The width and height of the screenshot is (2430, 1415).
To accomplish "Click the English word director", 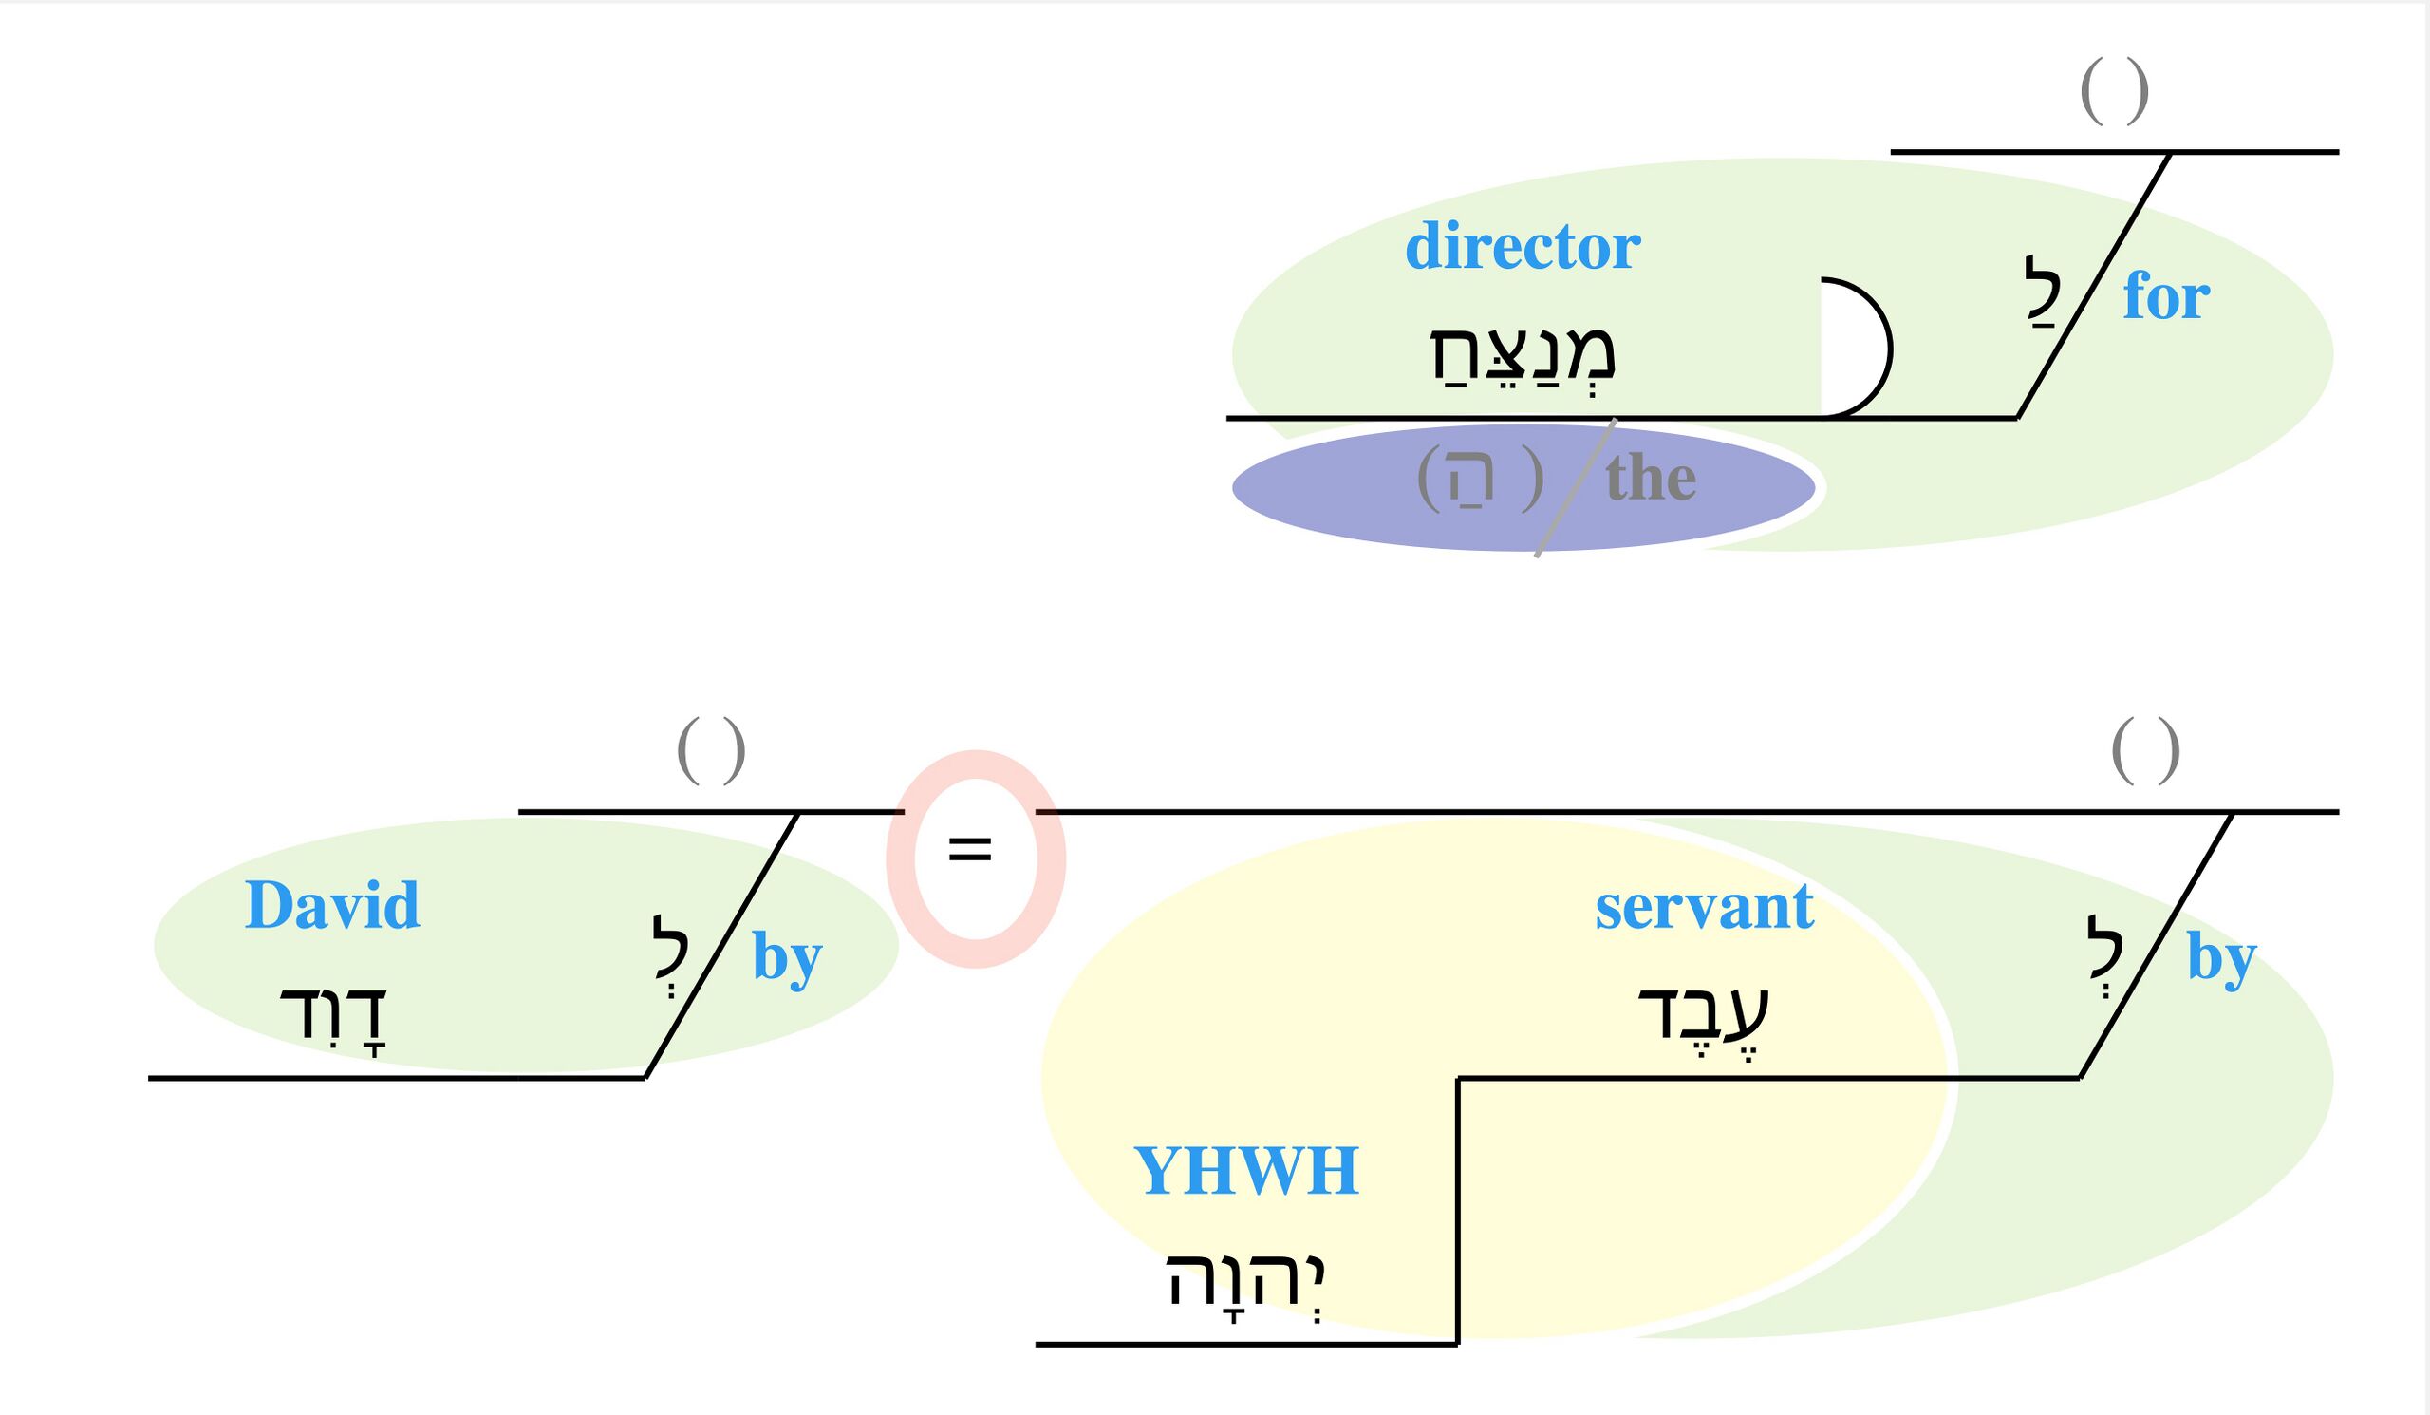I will pos(1523,247).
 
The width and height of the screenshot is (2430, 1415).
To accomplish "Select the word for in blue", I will pos(2166,296).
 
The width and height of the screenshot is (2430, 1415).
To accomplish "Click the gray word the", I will pos(1651,478).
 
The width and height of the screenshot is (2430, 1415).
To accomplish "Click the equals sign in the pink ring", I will pos(970,850).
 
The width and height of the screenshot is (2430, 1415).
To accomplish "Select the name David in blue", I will pos(331,906).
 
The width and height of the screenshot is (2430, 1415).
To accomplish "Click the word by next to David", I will pos(787,958).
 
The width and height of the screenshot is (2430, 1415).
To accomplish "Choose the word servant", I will pos(1704,907).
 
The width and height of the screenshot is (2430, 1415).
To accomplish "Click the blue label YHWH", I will pos(1246,1171).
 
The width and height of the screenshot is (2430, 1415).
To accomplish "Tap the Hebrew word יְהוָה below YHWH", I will pos(1246,1282).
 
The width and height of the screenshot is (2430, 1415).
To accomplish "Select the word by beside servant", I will pos(2222,958).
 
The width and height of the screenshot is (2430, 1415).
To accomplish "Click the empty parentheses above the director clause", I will pos(2115,91).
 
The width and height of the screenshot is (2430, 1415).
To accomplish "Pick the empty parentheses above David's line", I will pos(712,750).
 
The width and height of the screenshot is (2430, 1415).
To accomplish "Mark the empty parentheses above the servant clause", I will pos(2145,750).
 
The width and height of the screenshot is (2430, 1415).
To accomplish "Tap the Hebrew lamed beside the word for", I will pos(2042,291).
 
